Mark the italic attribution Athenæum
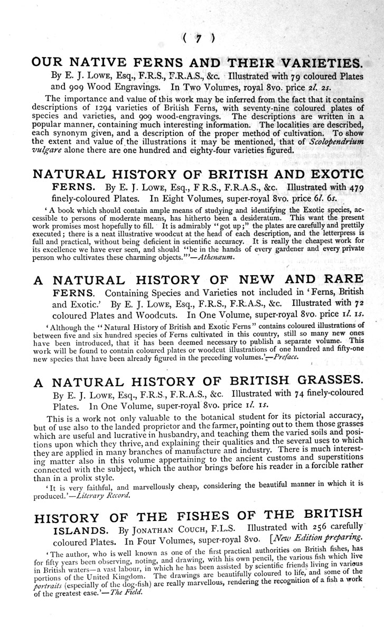pos(217,257)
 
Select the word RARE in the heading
pos(340,279)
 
